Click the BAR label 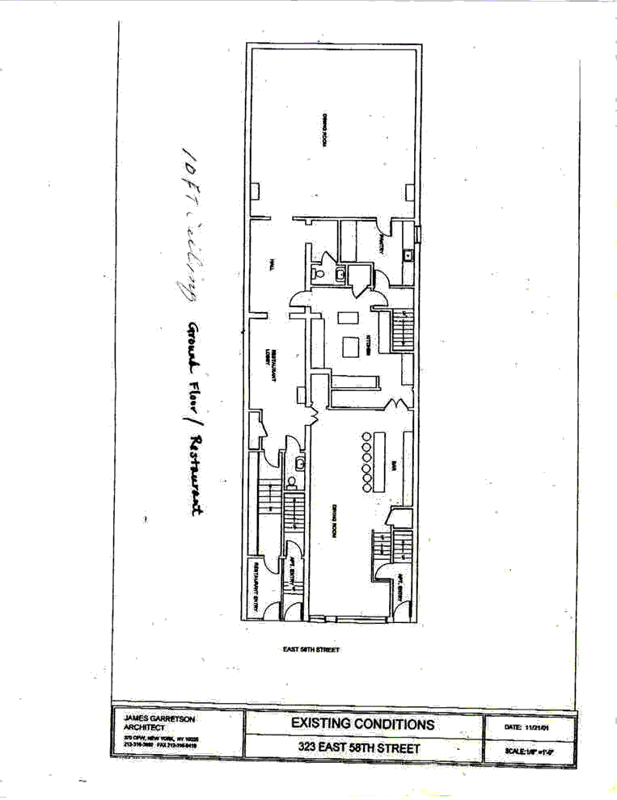tap(392, 465)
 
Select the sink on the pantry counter tap(408, 256)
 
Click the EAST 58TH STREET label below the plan tap(311, 649)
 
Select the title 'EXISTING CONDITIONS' tap(362, 724)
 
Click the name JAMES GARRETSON tap(158, 718)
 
